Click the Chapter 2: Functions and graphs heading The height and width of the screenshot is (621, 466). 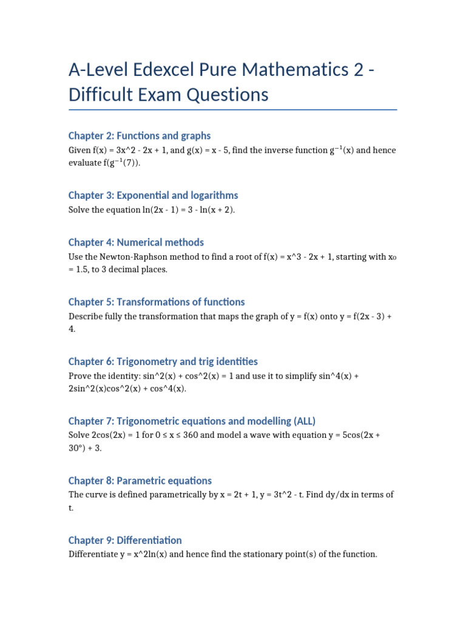(140, 136)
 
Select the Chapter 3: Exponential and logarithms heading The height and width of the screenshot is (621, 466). (153, 195)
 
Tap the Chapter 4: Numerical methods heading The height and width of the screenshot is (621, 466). (136, 243)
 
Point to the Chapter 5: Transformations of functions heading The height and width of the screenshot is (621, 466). (157, 302)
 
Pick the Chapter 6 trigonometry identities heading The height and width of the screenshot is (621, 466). (163, 361)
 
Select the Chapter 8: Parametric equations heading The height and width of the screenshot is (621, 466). (140, 480)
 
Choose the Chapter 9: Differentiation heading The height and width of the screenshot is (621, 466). (125, 540)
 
